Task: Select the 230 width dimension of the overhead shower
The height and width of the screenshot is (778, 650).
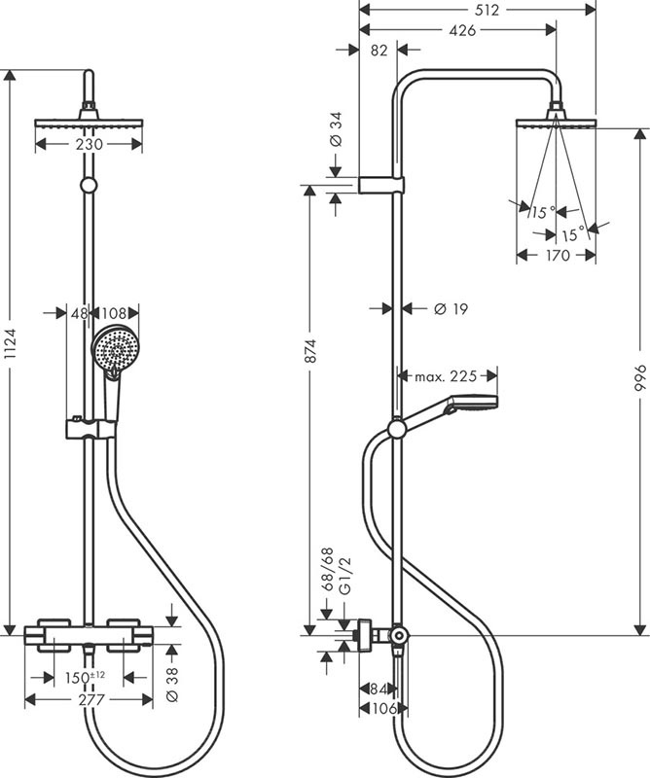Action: (x=90, y=142)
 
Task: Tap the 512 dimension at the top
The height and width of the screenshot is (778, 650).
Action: (x=487, y=11)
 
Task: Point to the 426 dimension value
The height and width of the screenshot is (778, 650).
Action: (x=462, y=30)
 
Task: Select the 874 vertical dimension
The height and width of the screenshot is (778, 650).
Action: (x=310, y=356)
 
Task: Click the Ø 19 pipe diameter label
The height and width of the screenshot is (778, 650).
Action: (x=448, y=308)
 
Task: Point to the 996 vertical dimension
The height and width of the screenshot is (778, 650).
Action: (x=640, y=382)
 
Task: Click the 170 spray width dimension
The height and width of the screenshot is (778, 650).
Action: (x=556, y=257)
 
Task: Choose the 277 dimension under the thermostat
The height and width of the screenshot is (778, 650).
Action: (x=89, y=700)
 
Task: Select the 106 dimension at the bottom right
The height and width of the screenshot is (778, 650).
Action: (x=381, y=709)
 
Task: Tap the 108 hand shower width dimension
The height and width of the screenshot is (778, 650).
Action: (x=116, y=313)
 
